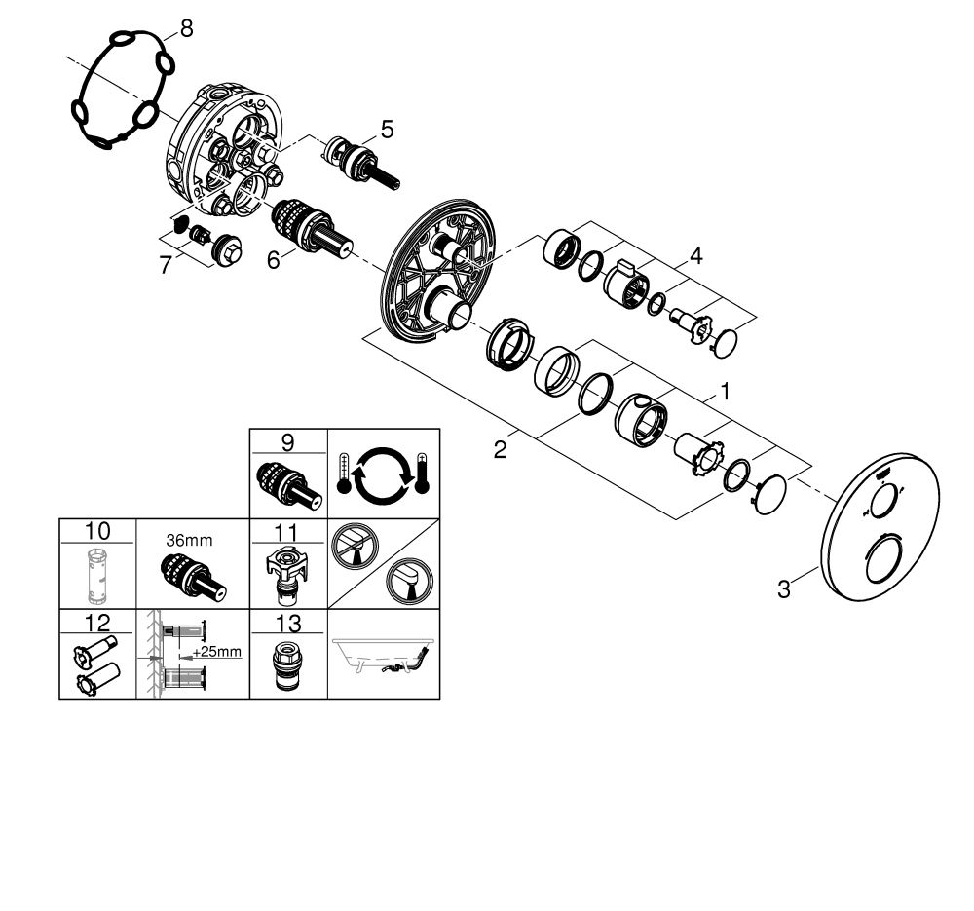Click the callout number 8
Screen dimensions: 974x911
tap(186, 28)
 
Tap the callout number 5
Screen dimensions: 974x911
tap(387, 130)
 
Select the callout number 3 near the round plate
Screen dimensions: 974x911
tap(784, 589)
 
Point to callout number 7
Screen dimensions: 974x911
tap(165, 265)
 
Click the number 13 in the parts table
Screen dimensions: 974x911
tap(287, 623)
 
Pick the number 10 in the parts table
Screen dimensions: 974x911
tap(97, 531)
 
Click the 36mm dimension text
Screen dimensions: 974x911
tap(190, 540)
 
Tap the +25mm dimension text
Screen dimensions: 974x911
tap(217, 652)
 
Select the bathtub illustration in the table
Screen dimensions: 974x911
tap(383, 657)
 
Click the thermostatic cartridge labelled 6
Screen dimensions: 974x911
tap(312, 229)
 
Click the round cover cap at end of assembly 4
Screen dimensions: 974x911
tap(726, 344)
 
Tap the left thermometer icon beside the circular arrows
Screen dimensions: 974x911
tap(344, 474)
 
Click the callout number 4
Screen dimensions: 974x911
tap(695, 255)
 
